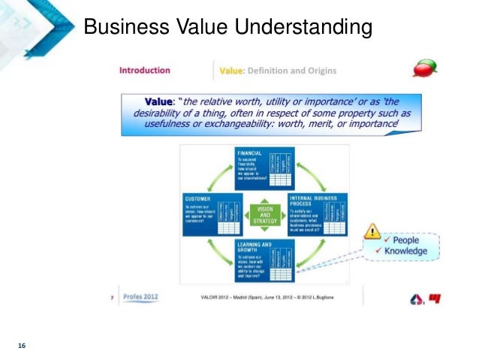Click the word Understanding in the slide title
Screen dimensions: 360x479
304,28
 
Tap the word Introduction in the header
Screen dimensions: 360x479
145,71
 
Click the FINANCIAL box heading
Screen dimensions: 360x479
250,153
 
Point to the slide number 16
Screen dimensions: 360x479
22,345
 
